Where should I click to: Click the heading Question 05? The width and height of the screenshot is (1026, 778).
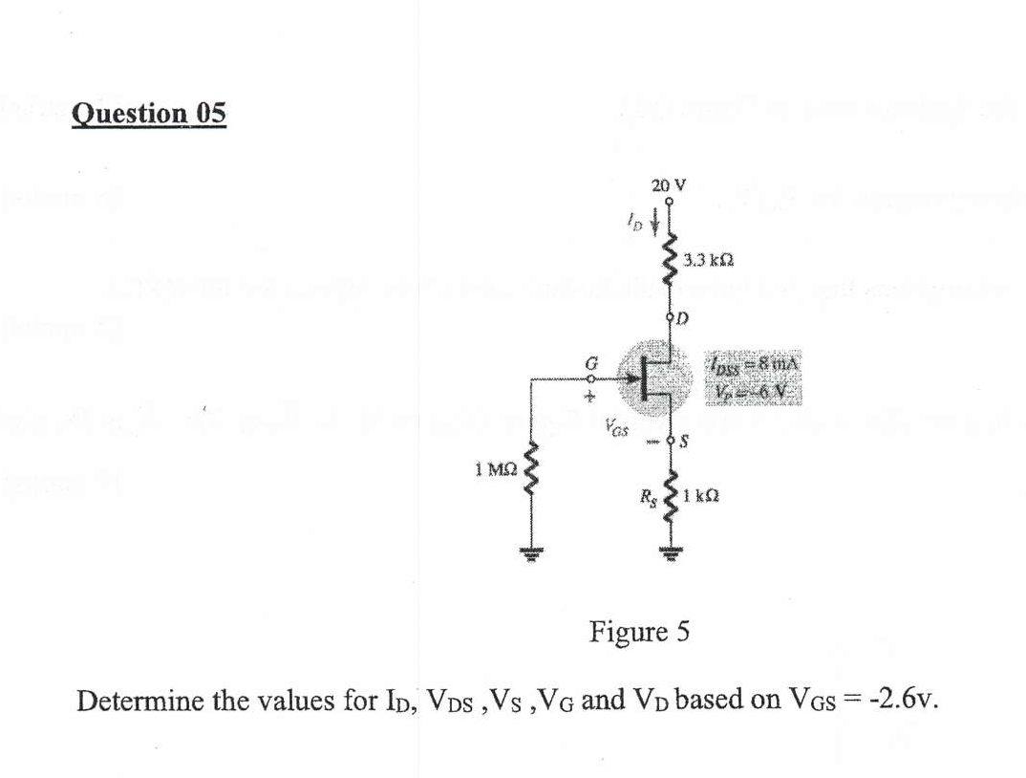point(149,113)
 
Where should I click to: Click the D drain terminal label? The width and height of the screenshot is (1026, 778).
point(685,315)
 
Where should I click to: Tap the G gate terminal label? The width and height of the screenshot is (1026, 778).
point(591,361)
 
